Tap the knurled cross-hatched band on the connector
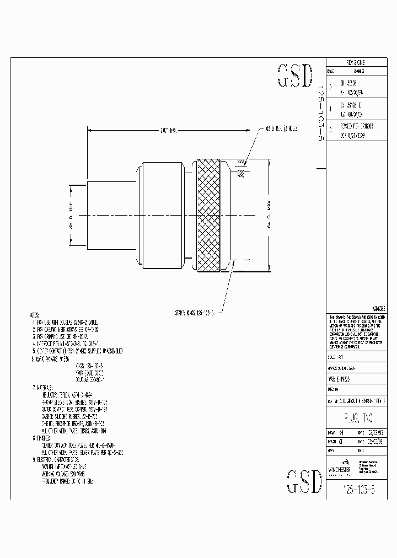coord(208,216)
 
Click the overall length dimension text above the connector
coord(167,131)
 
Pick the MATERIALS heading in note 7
coord(44,387)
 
